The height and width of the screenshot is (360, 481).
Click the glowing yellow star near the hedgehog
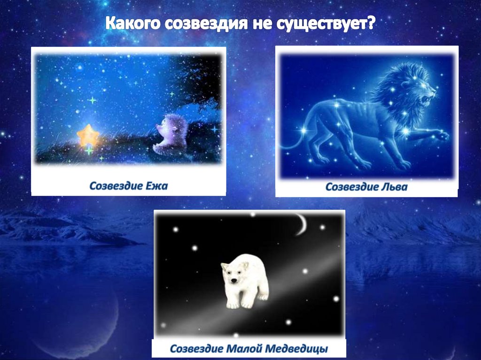pyautogui.click(x=88, y=136)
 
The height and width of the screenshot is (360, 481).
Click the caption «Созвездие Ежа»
pyautogui.click(x=128, y=186)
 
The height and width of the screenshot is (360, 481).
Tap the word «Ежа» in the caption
pyautogui.click(x=158, y=186)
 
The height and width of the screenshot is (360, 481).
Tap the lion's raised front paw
pyautogui.click(x=439, y=135)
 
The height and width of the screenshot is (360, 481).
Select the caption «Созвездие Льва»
pyautogui.click(x=366, y=187)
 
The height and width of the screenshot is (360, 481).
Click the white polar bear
pyautogui.click(x=245, y=281)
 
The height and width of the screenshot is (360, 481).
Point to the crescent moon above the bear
pyautogui.click(x=301, y=224)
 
